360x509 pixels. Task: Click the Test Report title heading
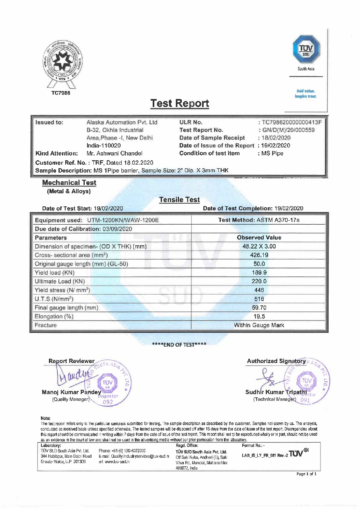(179, 103)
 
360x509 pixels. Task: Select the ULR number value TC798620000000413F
(291, 122)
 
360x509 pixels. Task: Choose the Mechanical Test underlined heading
(69, 183)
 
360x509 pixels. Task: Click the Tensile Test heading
(179, 200)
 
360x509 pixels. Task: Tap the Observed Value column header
(259, 237)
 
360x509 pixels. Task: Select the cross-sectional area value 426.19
(259, 255)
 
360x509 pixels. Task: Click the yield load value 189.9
(259, 272)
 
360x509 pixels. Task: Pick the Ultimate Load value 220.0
(259, 281)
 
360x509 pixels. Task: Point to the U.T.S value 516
(259, 299)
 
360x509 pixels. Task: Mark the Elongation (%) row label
(54, 316)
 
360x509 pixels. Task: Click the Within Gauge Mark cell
(259, 325)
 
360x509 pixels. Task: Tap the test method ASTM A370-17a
(259, 220)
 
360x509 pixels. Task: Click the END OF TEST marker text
(179, 344)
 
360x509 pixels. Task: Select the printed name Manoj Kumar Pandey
(72, 392)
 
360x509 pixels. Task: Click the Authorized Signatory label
(276, 361)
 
